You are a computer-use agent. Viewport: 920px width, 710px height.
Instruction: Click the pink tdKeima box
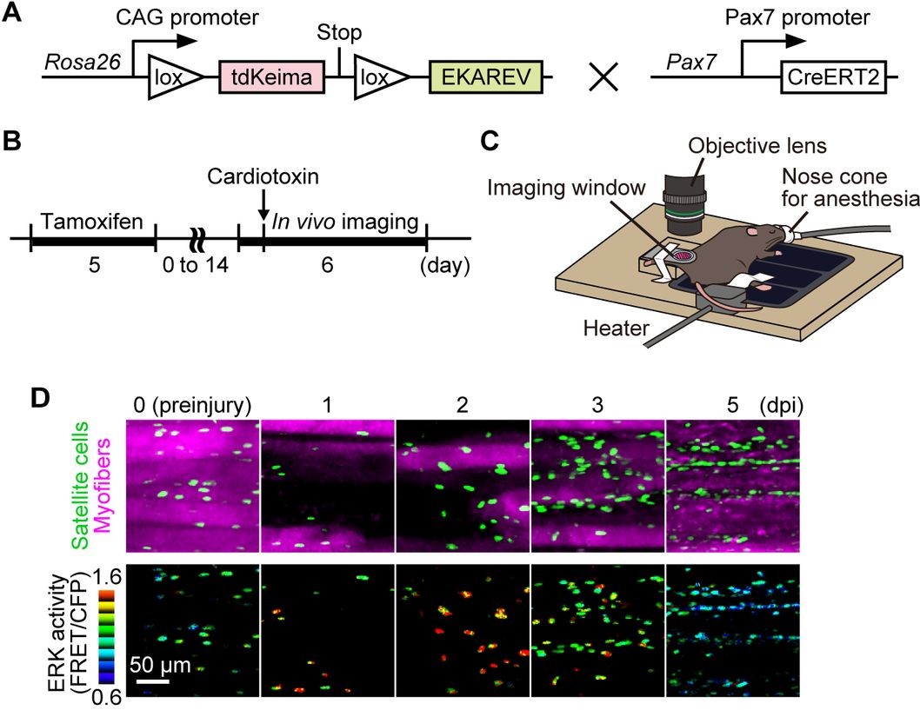[x=272, y=79]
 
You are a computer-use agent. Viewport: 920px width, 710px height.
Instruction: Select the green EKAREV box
[x=484, y=79]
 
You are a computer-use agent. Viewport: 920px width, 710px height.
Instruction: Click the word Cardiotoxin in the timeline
[x=262, y=177]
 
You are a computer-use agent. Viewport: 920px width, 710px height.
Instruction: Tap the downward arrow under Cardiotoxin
[x=262, y=208]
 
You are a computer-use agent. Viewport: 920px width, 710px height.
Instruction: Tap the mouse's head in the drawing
[x=763, y=242]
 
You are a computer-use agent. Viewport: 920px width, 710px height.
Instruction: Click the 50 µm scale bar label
[x=161, y=667]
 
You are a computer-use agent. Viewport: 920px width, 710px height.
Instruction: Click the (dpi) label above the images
[x=779, y=404]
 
